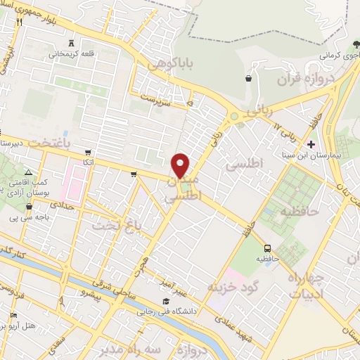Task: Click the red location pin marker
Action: pos(181,165)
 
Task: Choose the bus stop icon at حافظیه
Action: pos(267,248)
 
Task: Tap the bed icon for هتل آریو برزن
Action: pos(13,316)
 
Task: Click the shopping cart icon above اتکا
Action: pos(87,152)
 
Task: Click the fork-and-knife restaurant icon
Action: pos(19,22)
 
